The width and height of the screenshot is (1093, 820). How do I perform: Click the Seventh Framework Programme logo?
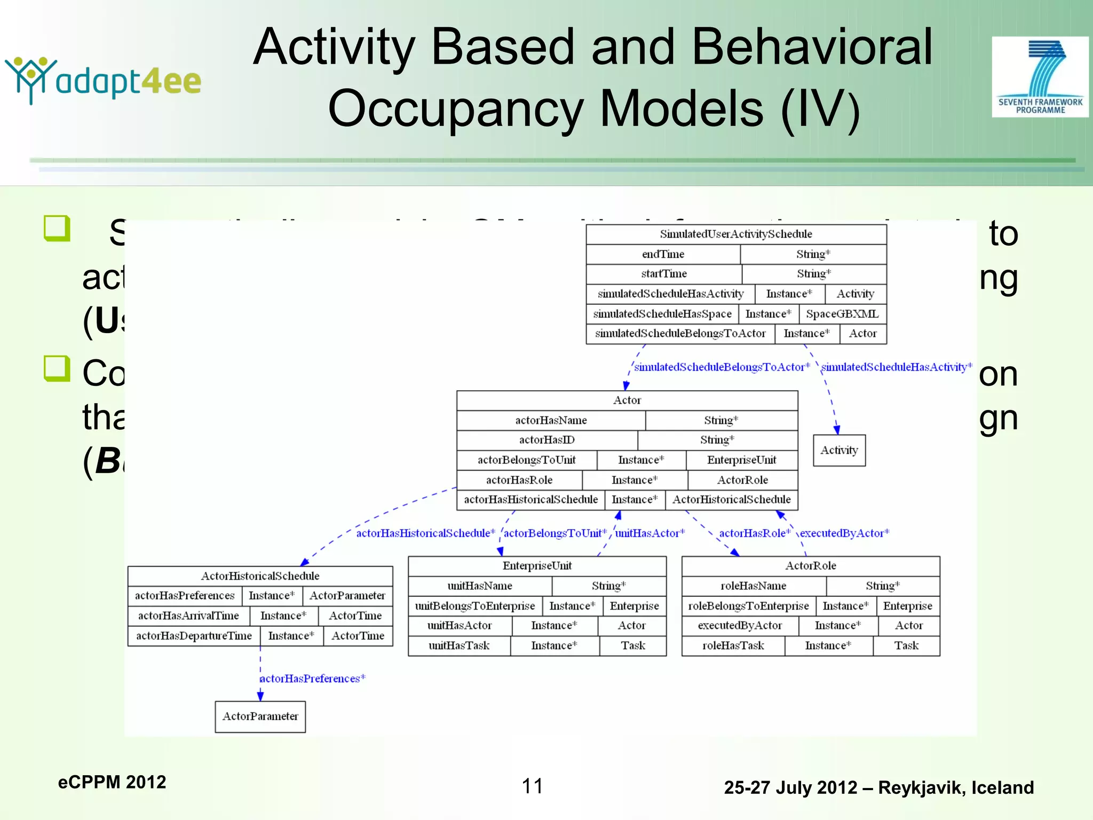(1040, 77)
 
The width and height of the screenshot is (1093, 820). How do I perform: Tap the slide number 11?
(532, 786)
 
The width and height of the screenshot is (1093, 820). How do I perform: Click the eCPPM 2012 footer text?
(112, 782)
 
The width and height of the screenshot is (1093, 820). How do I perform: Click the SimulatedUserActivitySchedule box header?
(736, 234)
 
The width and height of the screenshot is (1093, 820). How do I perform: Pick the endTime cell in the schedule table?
(663, 254)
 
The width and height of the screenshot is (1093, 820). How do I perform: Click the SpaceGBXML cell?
(842, 314)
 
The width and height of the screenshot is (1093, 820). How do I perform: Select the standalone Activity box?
(839, 450)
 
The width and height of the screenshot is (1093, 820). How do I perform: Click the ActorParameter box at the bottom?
(260, 716)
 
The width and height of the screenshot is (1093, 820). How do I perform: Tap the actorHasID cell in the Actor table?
(546, 440)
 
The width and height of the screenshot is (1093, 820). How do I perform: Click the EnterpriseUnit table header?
(537, 566)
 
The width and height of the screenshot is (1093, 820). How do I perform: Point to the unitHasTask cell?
(459, 645)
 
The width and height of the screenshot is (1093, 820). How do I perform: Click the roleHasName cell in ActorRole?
(753, 586)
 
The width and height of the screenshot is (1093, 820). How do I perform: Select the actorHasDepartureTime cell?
(194, 636)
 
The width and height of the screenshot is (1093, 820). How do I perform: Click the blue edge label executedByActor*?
(844, 533)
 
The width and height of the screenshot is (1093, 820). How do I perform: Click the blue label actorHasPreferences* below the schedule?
(312, 679)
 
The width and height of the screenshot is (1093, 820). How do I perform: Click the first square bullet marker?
(57, 228)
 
